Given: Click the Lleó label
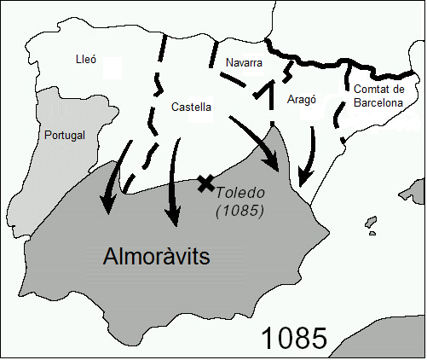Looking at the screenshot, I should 86,61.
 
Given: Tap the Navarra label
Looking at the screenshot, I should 244,64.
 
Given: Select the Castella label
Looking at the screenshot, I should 191,107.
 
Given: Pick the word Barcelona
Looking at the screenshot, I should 378,103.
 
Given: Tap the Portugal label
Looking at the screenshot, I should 65,136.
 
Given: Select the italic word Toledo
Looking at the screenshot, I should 239,192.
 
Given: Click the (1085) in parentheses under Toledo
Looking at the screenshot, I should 239,209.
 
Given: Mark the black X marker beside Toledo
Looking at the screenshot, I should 205,183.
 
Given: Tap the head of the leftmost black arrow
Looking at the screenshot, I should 107,205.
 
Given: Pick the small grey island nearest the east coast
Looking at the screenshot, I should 372,224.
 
